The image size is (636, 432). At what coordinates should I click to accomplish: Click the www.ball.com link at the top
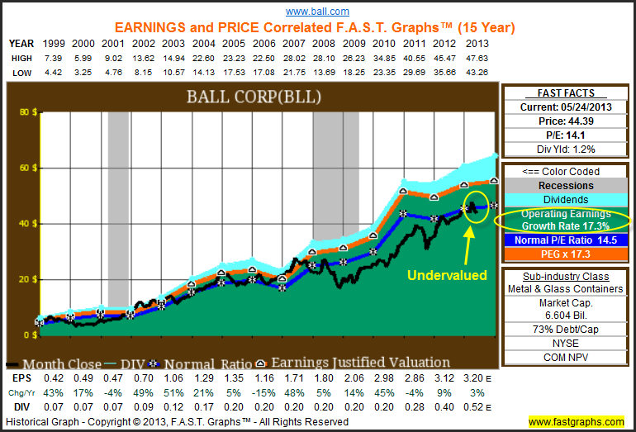317,12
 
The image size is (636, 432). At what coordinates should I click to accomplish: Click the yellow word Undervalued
449,275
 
